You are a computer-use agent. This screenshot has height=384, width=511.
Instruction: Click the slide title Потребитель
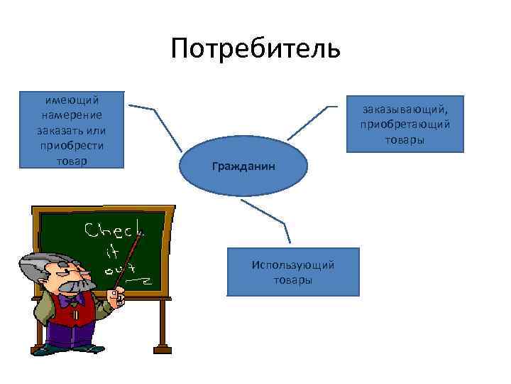pos(255,49)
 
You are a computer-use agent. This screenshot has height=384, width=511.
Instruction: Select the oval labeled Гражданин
pos(243,166)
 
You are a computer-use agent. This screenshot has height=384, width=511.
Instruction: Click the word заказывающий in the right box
pos(405,109)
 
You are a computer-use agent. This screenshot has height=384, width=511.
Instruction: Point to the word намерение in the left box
pos(71,115)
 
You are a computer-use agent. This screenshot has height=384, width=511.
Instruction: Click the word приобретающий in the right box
pos(405,124)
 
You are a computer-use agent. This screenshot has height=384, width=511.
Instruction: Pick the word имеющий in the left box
pos(71,100)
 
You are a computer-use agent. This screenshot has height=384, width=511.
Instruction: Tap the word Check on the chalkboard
pos(114,230)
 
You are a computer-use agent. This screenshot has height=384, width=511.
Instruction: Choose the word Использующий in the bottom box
pos(292,265)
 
